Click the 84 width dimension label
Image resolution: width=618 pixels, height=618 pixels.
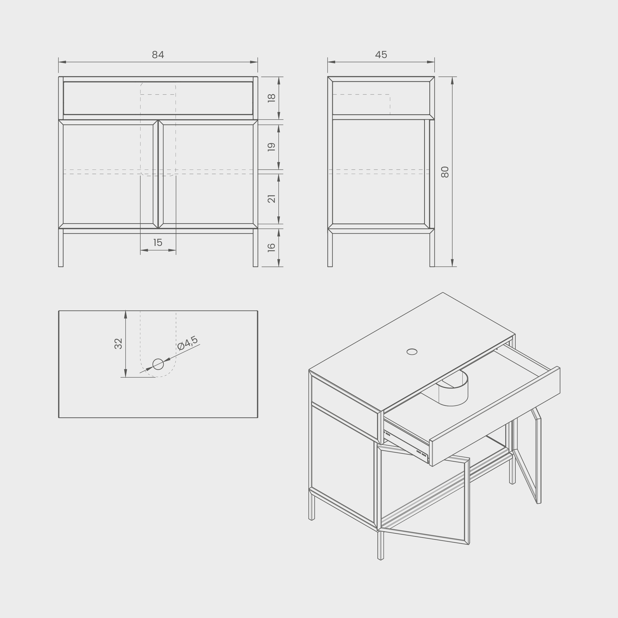[158, 55]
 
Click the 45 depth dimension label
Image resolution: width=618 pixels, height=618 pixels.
[381, 55]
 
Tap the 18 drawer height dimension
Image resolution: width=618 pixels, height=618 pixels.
[271, 98]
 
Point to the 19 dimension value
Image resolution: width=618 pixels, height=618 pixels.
[271, 147]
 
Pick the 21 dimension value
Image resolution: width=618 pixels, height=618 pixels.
[271, 199]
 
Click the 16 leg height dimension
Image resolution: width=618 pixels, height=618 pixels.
[271, 247]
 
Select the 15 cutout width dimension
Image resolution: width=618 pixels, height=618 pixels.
[158, 243]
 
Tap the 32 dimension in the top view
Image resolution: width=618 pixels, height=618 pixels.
[118, 344]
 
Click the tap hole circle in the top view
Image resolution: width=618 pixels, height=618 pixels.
[158, 364]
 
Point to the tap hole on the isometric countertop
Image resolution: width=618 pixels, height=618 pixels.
[412, 352]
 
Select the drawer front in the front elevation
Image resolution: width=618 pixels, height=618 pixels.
[158, 98]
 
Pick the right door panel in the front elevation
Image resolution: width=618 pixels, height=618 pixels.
[208, 174]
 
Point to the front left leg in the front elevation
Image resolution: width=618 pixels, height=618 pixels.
[61, 248]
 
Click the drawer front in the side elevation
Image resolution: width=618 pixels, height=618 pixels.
[381, 98]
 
